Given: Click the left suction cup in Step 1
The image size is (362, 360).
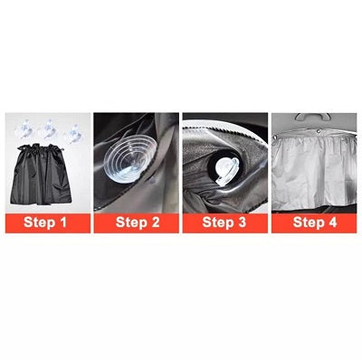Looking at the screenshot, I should pos(24,130).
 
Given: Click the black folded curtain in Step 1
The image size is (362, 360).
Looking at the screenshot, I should pos(47,176).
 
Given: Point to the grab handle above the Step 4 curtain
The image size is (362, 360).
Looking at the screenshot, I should pos(313,118).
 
